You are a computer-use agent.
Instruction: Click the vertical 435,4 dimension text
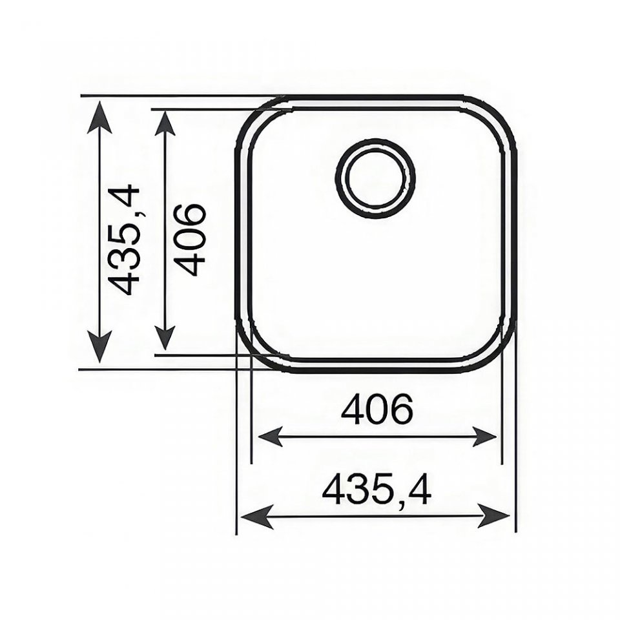(124, 241)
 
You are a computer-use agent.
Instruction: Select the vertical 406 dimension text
(189, 240)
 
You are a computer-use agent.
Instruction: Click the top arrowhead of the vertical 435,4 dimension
(99, 117)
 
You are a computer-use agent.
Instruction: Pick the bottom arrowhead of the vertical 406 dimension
(165, 336)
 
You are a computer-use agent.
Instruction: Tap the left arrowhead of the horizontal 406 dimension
(271, 437)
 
